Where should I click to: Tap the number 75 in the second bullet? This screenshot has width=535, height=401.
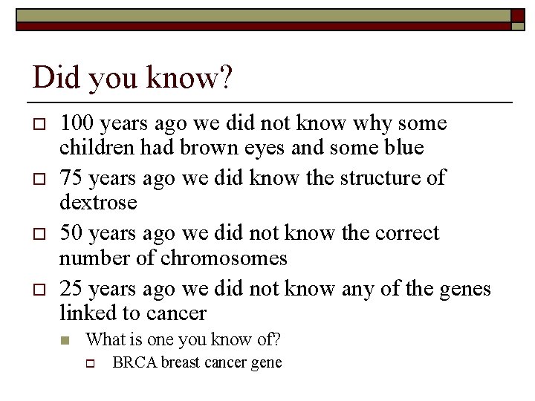tap(72, 177)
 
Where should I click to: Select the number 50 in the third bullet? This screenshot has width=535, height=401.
tap(72, 232)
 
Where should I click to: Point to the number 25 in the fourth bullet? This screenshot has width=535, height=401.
tap(72, 287)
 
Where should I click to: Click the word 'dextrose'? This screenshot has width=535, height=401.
tap(98, 203)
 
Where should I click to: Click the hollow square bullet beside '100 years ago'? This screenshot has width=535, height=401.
tap(38, 123)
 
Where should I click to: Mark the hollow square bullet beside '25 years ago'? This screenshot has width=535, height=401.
tap(38, 288)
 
